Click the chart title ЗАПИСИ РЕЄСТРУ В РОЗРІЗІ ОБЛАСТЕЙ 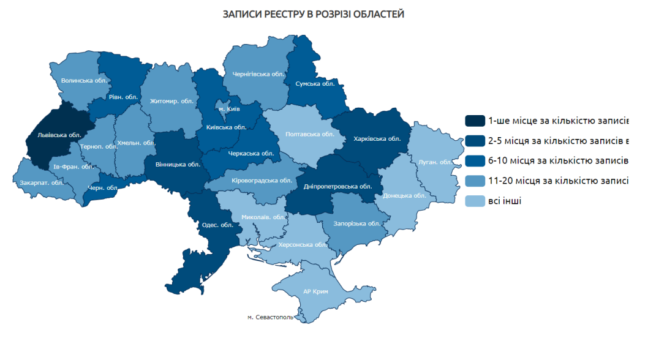[314, 13]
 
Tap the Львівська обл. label [59, 135]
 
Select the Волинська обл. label [85, 80]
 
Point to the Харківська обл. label [377, 138]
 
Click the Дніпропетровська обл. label [338, 186]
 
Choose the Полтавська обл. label [310, 133]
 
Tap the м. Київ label [229, 108]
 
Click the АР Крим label [315, 291]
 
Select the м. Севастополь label [270, 317]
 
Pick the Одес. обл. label [217, 224]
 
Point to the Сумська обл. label [314, 83]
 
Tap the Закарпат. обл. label [42, 182]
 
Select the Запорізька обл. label [358, 223]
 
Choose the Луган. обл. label [435, 162]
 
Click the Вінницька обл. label [178, 164]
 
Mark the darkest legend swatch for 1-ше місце [475, 120]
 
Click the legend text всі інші [505, 201]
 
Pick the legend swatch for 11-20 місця [475, 181]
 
